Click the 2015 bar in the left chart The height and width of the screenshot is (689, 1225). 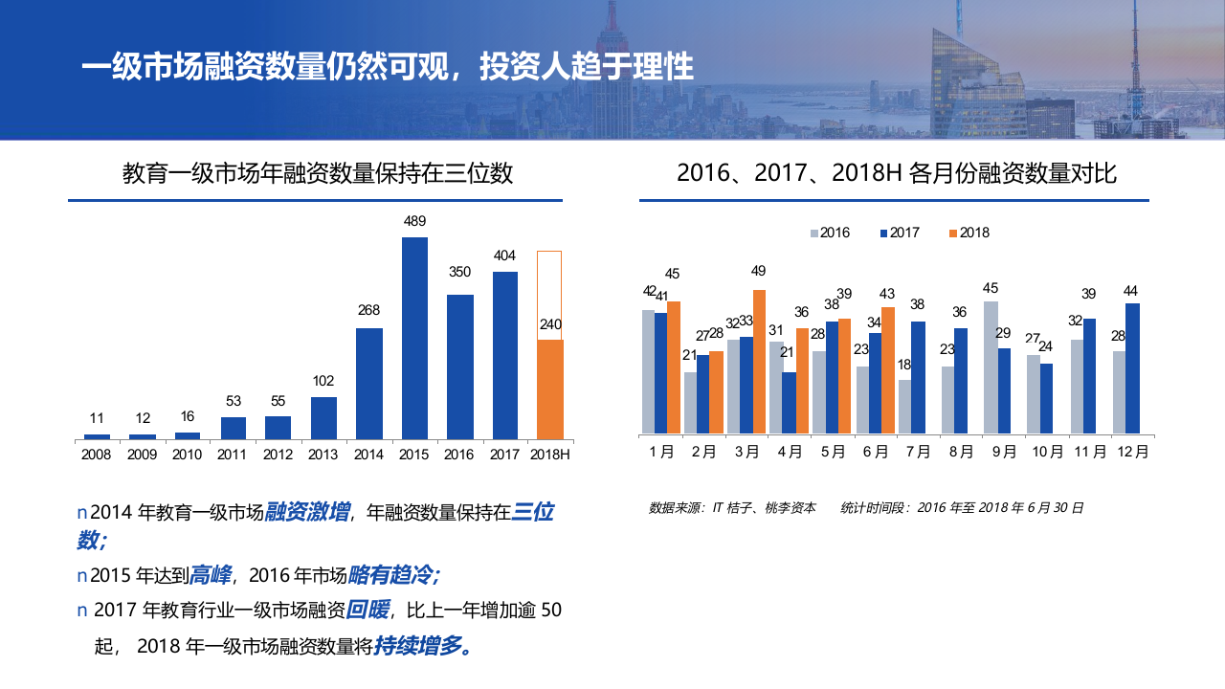[414, 338]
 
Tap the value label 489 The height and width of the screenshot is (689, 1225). [414, 221]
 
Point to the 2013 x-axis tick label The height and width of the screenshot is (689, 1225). [323, 455]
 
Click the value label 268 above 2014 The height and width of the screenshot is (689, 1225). [368, 310]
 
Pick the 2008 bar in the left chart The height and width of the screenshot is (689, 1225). [97, 436]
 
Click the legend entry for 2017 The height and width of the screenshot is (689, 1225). [899, 233]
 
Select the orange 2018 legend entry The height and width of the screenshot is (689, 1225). [969, 233]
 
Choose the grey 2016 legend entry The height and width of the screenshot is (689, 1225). [830, 233]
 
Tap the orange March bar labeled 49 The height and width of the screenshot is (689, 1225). [759, 361]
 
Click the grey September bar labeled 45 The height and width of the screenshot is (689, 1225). [991, 367]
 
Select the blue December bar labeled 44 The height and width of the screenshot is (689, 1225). [1132, 367]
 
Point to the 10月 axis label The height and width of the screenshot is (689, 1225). [1046, 453]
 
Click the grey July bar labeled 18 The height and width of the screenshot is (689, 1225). [904, 406]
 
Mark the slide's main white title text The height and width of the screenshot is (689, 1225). [388, 67]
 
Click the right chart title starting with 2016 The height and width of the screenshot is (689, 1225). [897, 173]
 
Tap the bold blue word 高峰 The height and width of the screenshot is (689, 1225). [211, 575]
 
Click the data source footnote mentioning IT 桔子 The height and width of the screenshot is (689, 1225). [732, 508]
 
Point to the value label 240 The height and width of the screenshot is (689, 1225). [550, 324]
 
